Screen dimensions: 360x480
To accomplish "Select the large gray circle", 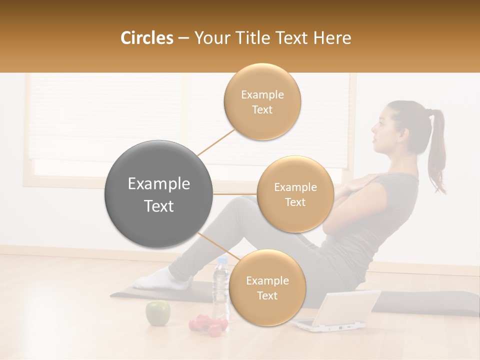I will point(158,194).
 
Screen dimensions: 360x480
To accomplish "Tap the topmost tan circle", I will point(262,101).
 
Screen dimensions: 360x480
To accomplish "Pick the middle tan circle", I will point(295,194).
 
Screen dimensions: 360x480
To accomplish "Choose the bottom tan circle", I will point(267,287).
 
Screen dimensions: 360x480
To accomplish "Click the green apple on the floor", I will point(157,312).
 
